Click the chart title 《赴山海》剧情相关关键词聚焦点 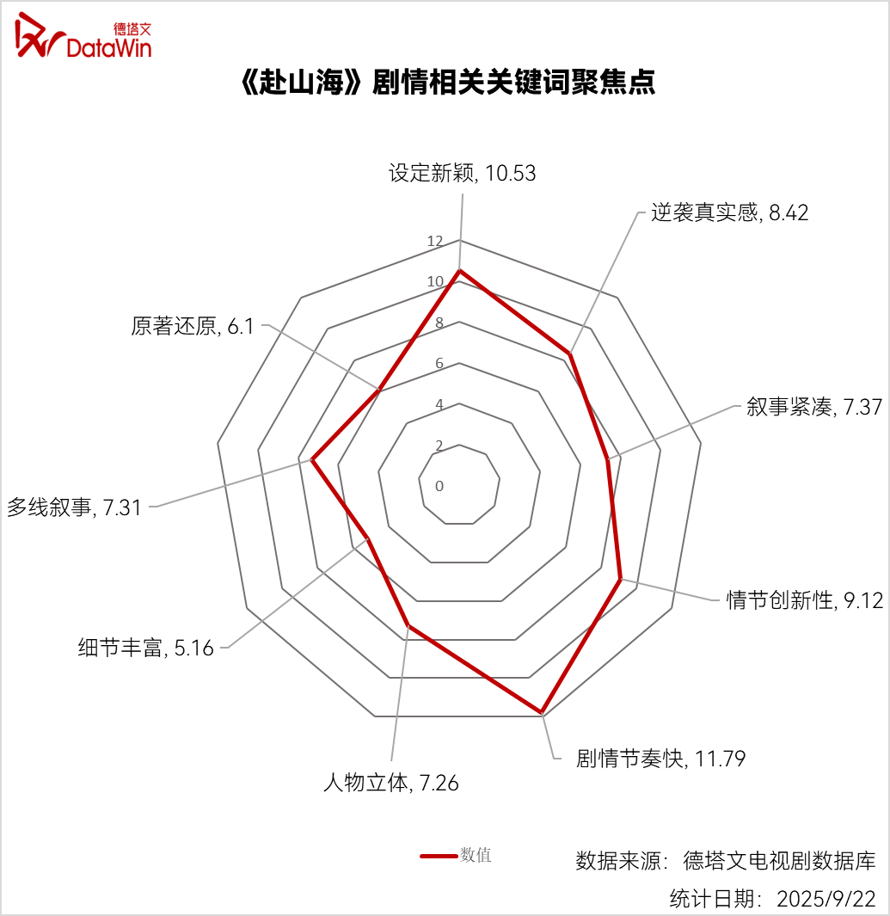point(448,82)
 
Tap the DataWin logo point(83,36)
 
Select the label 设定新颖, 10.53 point(462,173)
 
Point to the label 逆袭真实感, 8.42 point(729,212)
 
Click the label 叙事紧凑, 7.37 point(814,407)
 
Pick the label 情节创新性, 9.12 point(804,600)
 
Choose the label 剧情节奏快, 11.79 point(660,759)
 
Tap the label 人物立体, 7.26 point(390,783)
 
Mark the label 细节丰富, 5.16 point(146,648)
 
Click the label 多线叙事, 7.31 point(74,507)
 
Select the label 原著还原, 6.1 point(192,326)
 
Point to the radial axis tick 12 point(435,241)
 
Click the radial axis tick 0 point(439,486)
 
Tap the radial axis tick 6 point(439,363)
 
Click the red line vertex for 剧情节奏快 point(542,713)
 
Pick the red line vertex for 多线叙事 point(312,461)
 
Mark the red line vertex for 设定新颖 point(460,270)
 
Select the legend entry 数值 point(456,856)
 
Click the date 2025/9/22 point(826,899)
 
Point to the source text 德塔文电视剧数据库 point(780,861)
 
